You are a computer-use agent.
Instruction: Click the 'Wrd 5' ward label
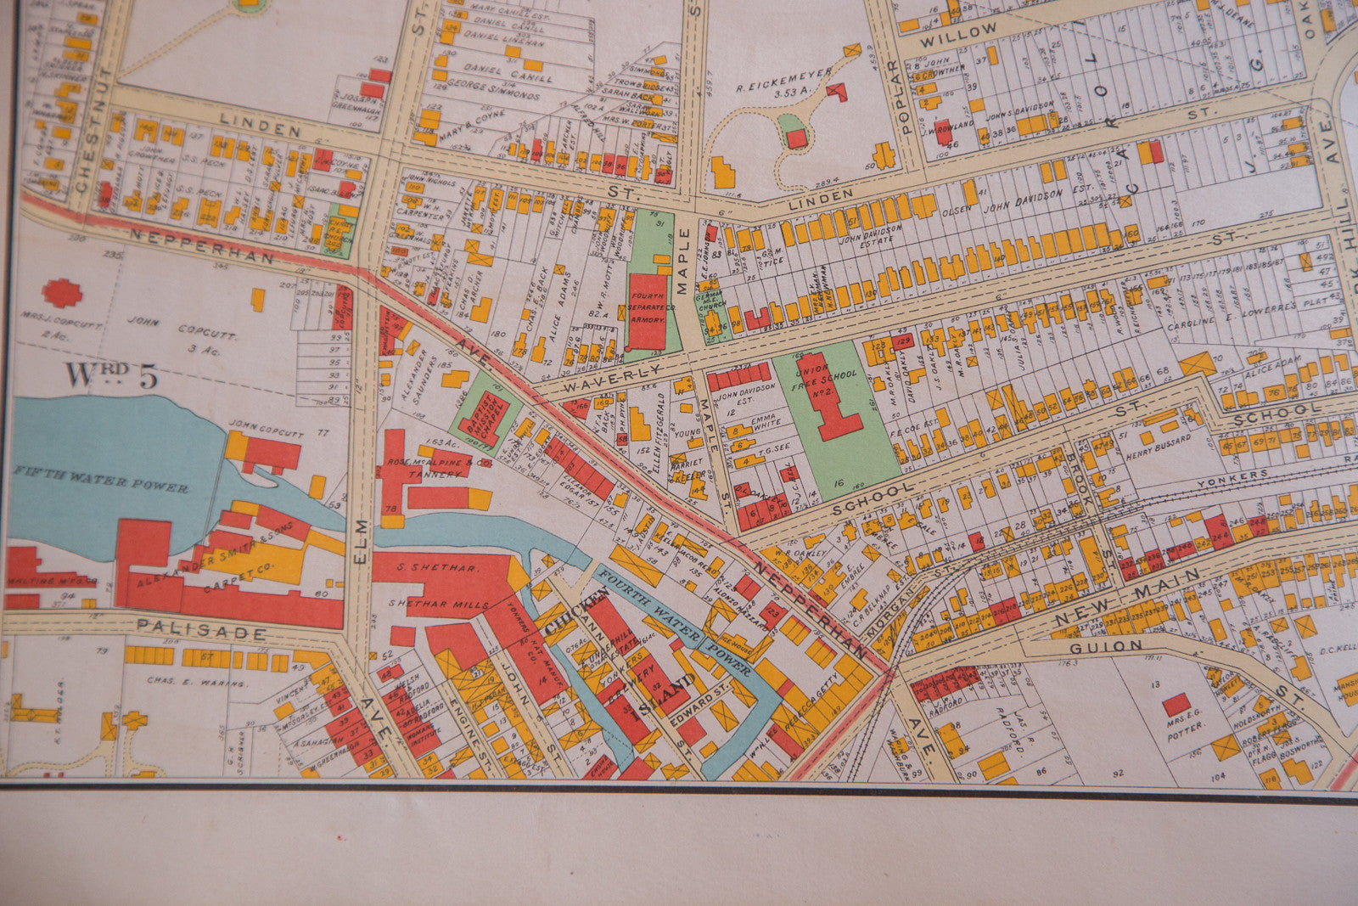coord(111,376)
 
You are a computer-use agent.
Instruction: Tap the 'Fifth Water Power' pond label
coord(101,481)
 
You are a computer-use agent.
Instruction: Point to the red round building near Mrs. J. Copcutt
coord(62,293)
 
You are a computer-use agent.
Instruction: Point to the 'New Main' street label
coord(1129,598)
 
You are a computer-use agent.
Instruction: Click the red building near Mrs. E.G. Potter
coord(1176,704)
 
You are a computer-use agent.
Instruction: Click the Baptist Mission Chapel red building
coord(485,417)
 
